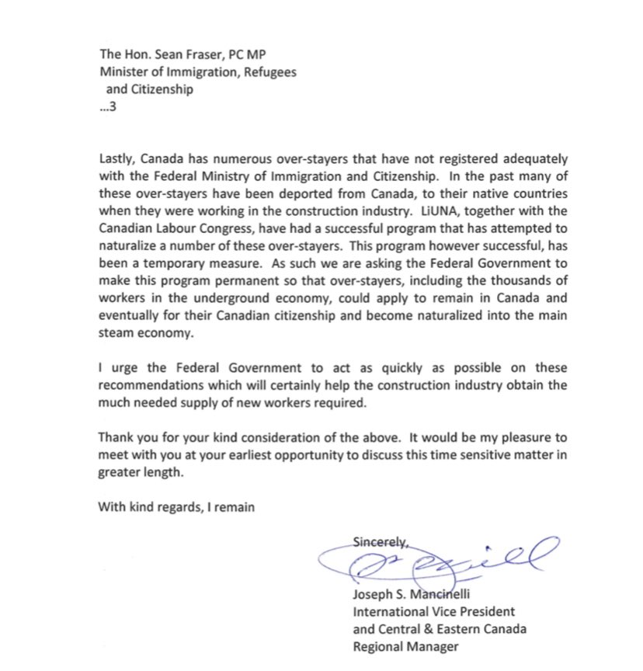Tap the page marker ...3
click(x=106, y=106)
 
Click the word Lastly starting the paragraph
click(x=118, y=158)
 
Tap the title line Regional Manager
click(x=403, y=646)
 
